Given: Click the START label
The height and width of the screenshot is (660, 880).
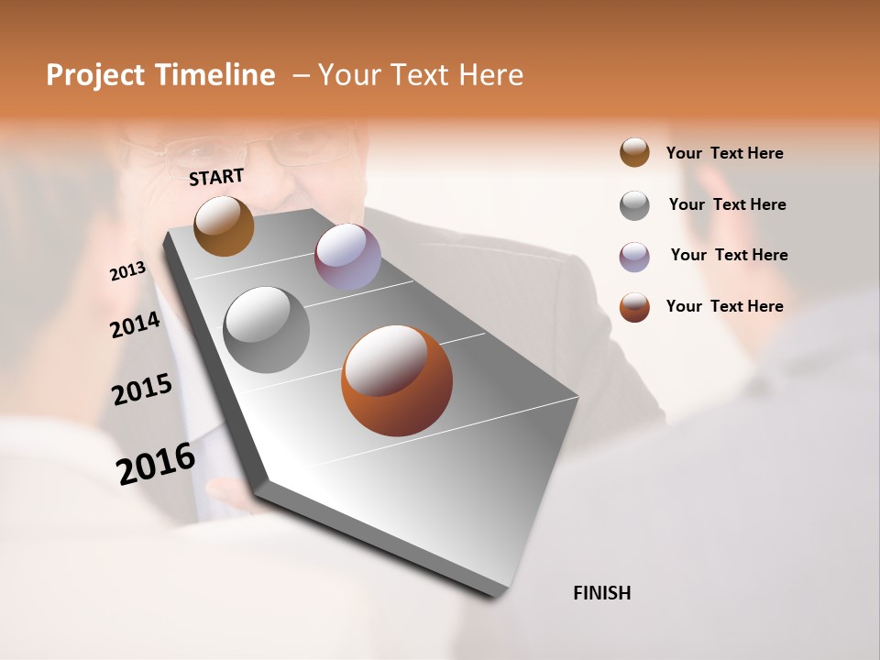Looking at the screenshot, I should tap(216, 177).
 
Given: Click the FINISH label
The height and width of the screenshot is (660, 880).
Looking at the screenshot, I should tap(601, 593).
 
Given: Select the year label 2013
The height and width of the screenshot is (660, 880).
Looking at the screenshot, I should tap(128, 271).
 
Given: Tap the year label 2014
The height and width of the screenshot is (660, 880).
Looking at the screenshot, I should tap(136, 324).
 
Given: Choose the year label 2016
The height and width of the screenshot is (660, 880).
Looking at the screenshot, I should tap(156, 463).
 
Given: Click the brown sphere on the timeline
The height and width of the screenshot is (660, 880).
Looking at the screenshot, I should tap(224, 225).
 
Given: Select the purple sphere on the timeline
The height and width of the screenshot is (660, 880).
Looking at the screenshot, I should tap(347, 257).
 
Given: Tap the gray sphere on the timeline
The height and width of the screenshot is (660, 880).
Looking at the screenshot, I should tap(266, 330).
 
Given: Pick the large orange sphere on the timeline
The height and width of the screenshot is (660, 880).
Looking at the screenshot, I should tap(397, 380).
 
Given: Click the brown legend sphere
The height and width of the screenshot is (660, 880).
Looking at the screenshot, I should tap(634, 153).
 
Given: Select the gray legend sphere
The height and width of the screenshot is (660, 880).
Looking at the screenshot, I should tap(634, 205).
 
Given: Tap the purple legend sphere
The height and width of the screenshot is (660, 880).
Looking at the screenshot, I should tap(634, 257).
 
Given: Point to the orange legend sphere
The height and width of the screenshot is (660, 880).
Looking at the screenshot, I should tap(634, 307).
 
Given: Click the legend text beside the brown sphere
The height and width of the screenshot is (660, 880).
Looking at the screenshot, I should tap(724, 153).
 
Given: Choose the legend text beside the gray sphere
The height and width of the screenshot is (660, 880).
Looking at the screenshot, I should tap(727, 204).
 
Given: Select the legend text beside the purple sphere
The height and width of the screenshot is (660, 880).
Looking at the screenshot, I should tap(729, 255).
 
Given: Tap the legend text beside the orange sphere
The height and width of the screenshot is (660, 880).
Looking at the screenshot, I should tap(724, 306).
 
